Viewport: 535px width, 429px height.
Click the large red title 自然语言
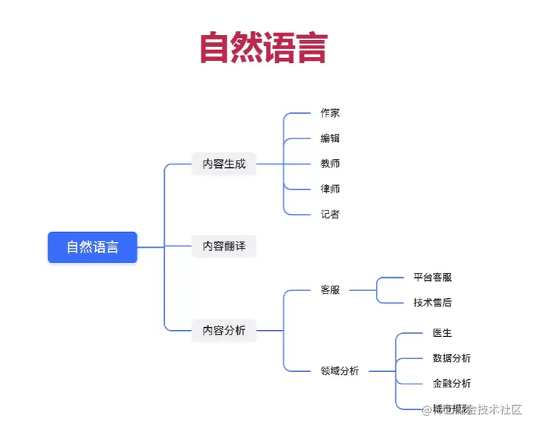[264, 48]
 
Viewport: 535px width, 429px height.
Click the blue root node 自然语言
[92, 247]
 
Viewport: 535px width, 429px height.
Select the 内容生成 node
[224, 164]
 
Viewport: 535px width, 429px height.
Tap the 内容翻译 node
[224, 246]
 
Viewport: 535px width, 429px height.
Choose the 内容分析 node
[224, 330]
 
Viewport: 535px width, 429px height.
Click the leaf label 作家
[330, 113]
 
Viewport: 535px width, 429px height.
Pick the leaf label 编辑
[330, 138]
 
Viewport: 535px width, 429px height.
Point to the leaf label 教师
[330, 164]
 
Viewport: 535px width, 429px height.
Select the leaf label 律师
[330, 189]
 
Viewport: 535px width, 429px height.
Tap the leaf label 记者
[330, 214]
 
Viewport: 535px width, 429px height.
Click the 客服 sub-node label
[330, 290]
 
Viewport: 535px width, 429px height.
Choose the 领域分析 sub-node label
[339, 370]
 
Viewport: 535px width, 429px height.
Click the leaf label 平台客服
[432, 277]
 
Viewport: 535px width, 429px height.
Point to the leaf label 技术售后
[432, 303]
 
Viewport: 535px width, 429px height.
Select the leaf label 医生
[442, 333]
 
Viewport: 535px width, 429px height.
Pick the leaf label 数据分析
[451, 358]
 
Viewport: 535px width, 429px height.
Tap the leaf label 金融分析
[451, 384]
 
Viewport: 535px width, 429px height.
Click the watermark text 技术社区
[499, 410]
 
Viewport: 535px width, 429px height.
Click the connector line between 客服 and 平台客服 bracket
[363, 290]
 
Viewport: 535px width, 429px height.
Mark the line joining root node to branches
[151, 247]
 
